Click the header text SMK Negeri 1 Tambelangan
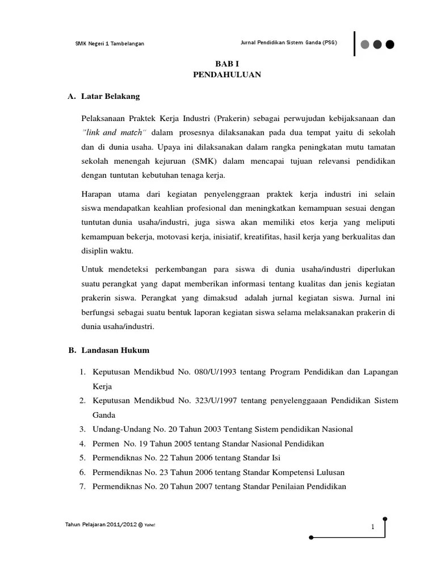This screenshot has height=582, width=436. (110, 44)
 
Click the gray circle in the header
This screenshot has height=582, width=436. (364, 44)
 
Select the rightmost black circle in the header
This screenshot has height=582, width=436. (390, 44)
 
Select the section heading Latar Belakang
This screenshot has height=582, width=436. (111, 96)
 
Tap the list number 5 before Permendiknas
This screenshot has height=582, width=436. (82, 458)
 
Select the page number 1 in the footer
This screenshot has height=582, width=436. (372, 527)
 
